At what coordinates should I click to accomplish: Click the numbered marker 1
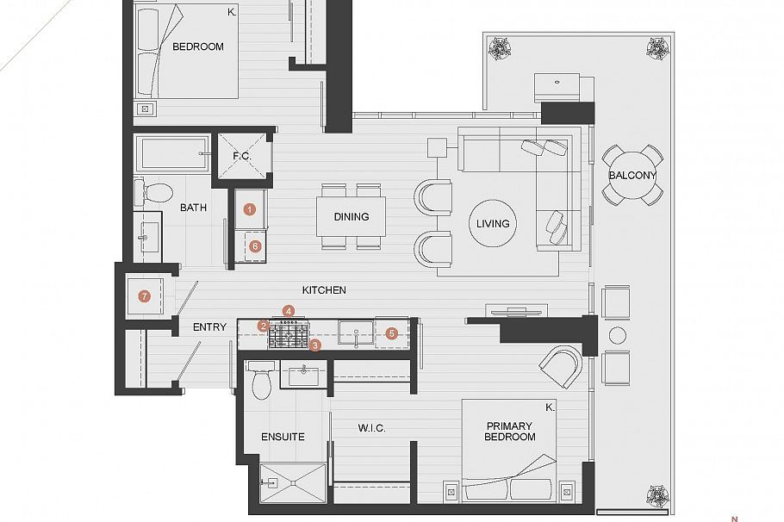(249, 208)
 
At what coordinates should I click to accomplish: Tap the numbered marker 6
(254, 245)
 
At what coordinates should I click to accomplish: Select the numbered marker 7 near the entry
(145, 296)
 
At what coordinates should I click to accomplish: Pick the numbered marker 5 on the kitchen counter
(391, 332)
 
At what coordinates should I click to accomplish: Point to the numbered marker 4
(289, 310)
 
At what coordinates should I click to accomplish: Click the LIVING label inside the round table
(493, 223)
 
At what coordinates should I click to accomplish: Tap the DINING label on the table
(352, 217)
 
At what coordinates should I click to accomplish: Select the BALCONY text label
(632, 175)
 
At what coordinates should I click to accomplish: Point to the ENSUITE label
(283, 437)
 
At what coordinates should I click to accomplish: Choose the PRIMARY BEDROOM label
(510, 432)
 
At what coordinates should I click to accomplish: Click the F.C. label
(242, 156)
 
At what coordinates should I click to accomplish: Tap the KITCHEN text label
(324, 290)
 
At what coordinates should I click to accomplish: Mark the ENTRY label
(209, 326)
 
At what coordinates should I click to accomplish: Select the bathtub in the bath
(172, 153)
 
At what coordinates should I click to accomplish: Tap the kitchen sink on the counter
(355, 332)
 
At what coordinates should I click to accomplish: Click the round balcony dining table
(632, 176)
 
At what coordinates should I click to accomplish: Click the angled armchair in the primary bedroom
(561, 366)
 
